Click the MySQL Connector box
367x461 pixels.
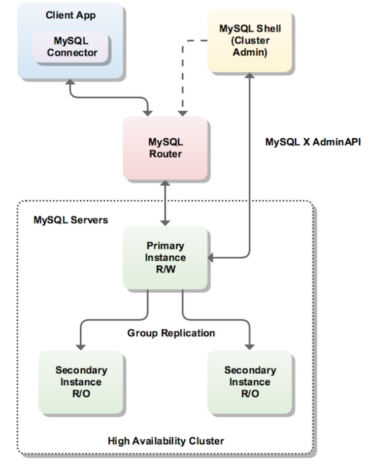point(72,47)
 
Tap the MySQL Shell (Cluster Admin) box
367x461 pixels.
point(250,40)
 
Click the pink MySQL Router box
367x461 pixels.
point(165,148)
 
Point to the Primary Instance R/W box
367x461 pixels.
point(166,257)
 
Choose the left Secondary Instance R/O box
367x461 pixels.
point(81,382)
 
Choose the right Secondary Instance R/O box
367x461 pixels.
point(250,382)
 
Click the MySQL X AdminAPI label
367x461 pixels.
point(313,142)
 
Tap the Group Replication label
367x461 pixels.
point(171,333)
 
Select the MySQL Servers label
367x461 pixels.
point(70,220)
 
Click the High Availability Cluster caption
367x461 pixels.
point(166,440)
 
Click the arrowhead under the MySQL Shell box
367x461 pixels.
point(250,77)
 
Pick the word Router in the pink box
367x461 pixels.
point(166,154)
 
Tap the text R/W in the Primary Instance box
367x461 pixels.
point(166,270)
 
